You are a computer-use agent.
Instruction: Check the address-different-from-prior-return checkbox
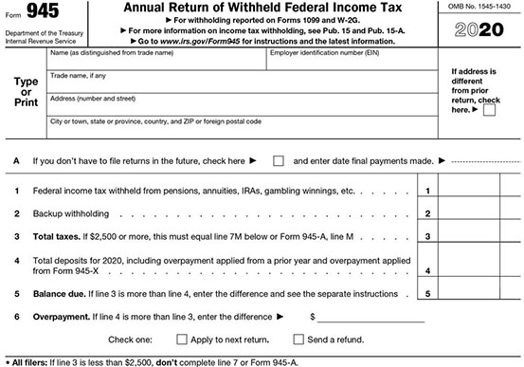(489, 109)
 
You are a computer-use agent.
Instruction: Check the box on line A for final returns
(279, 160)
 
